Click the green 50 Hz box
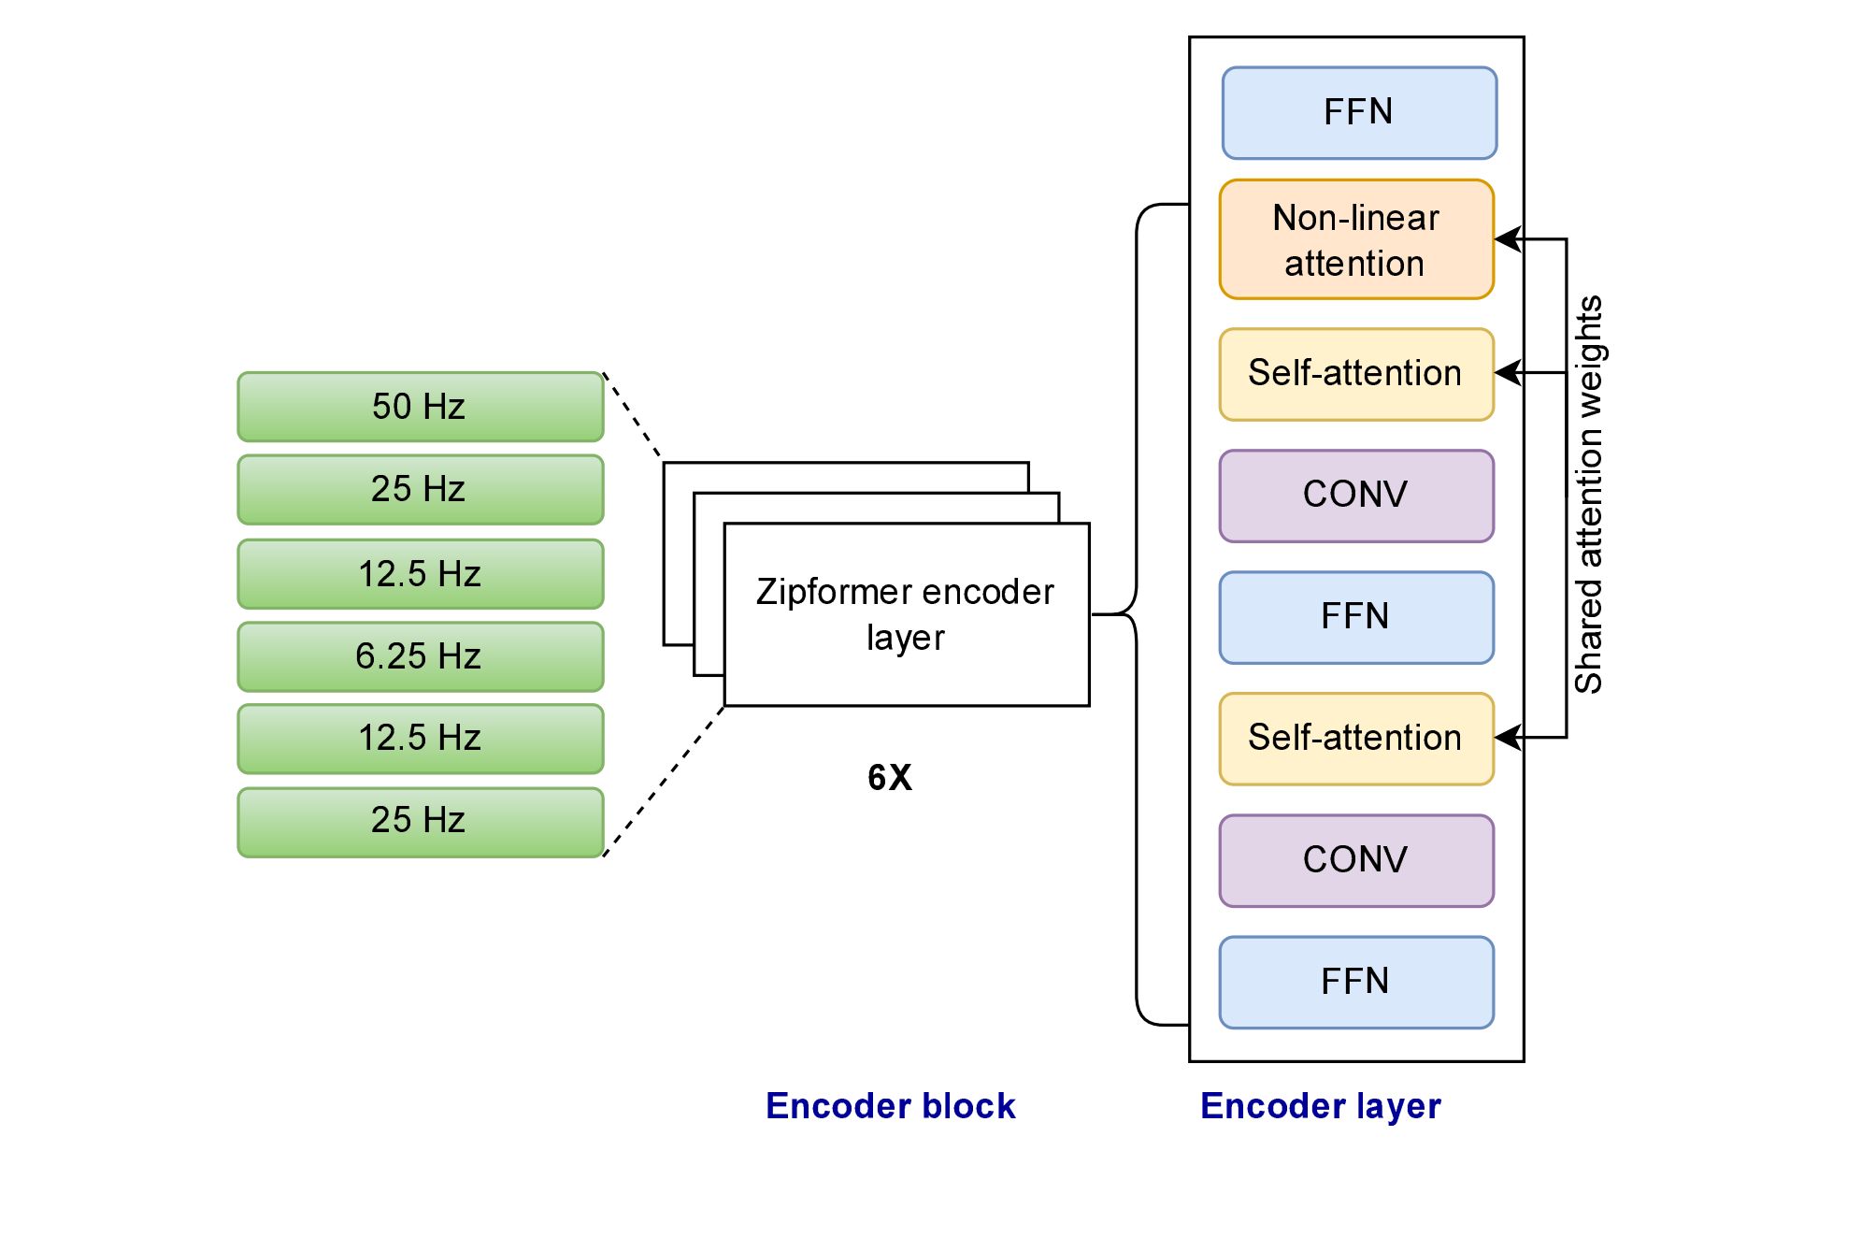[421, 407]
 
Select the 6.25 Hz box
[421, 656]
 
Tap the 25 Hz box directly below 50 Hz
[421, 489]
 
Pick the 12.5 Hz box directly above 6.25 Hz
[421, 573]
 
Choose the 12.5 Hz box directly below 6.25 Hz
[421, 739]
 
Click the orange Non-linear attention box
[1356, 239]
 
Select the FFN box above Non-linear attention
[1359, 113]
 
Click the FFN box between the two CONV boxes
[1356, 617]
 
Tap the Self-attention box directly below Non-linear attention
[1356, 374]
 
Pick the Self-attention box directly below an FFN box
[1356, 739]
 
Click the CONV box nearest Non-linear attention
[1356, 496]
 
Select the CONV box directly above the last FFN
[1356, 860]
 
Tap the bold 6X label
[889, 778]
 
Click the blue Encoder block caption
[890, 1106]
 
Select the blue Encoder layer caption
[1320, 1106]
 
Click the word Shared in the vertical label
[1588, 636]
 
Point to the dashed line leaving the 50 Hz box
[633, 416]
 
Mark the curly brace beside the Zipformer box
[1137, 614]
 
